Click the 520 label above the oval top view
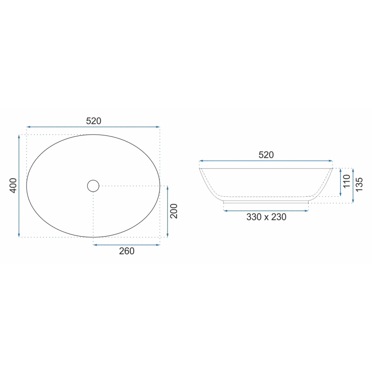coord(93,121)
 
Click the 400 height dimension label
coord(13,185)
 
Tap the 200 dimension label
coord(174,211)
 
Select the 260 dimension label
coord(126,251)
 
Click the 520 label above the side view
coord(266,155)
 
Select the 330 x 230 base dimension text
coord(266,217)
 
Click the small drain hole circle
coord(93,186)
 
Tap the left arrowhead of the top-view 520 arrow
coord(28,127)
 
